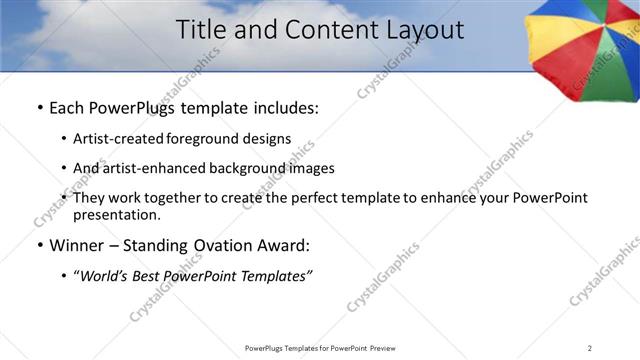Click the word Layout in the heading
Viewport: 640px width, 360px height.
[x=423, y=30]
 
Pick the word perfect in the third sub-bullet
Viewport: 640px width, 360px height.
[x=318, y=198]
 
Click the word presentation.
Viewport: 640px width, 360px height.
[x=116, y=214]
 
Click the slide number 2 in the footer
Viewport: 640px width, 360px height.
[x=590, y=347]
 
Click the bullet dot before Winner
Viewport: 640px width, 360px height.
[x=39, y=246]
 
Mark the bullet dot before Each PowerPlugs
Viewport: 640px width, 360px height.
[x=39, y=107]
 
